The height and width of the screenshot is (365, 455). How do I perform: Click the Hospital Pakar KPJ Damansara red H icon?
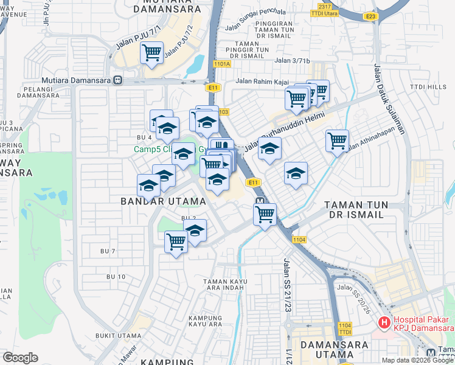(x=384, y=322)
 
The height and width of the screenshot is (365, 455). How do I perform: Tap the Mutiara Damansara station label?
(x=77, y=80)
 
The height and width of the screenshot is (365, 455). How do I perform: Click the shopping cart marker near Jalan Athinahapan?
(x=337, y=141)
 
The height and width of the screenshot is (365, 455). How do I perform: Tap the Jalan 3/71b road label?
(x=292, y=60)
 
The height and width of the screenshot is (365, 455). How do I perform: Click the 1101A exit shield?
(x=222, y=63)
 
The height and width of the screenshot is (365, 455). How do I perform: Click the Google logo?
(x=20, y=358)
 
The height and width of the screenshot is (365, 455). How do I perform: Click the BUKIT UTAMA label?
(x=118, y=335)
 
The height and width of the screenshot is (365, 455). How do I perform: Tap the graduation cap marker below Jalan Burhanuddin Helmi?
(x=269, y=150)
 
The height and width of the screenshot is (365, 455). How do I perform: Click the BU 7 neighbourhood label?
(x=107, y=251)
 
